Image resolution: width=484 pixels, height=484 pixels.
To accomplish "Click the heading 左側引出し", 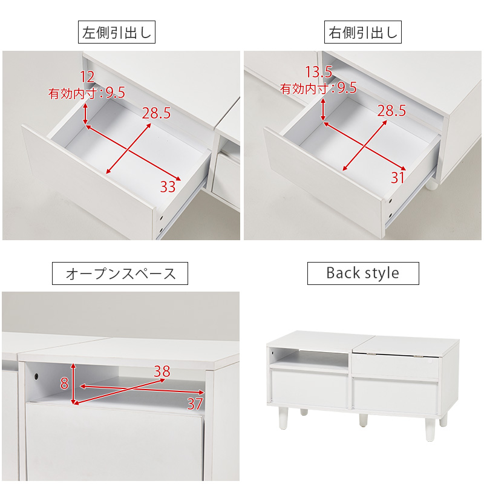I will tap(117, 33).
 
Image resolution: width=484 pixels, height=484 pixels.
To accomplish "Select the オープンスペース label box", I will tap(120, 273).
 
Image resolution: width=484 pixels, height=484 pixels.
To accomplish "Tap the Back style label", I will tap(362, 273).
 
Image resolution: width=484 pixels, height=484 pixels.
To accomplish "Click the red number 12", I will tap(87, 76).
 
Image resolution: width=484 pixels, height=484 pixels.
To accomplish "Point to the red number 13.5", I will tap(318, 72).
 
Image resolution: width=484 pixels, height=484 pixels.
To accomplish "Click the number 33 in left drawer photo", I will tap(168, 186).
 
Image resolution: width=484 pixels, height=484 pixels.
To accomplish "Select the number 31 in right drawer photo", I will tap(397, 178).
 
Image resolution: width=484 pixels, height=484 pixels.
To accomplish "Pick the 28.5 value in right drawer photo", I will tap(391, 111).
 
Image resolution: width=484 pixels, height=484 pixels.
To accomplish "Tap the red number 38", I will tap(162, 371).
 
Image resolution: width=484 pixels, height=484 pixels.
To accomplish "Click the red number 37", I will tap(194, 404).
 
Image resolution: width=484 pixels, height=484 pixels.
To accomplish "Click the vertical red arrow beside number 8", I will tap(74, 384).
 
